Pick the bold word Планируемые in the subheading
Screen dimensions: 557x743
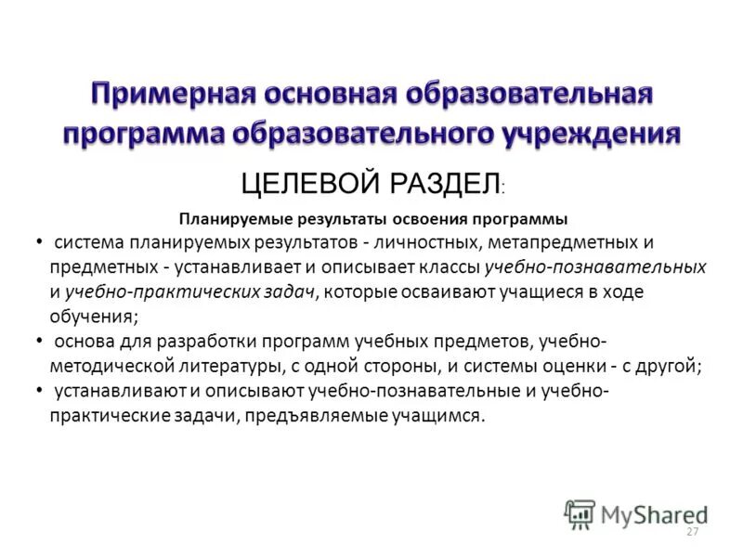click(x=234, y=219)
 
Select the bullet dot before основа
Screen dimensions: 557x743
click(x=38, y=342)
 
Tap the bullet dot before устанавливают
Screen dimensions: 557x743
click(x=38, y=390)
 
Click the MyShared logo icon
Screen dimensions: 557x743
click(x=580, y=514)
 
